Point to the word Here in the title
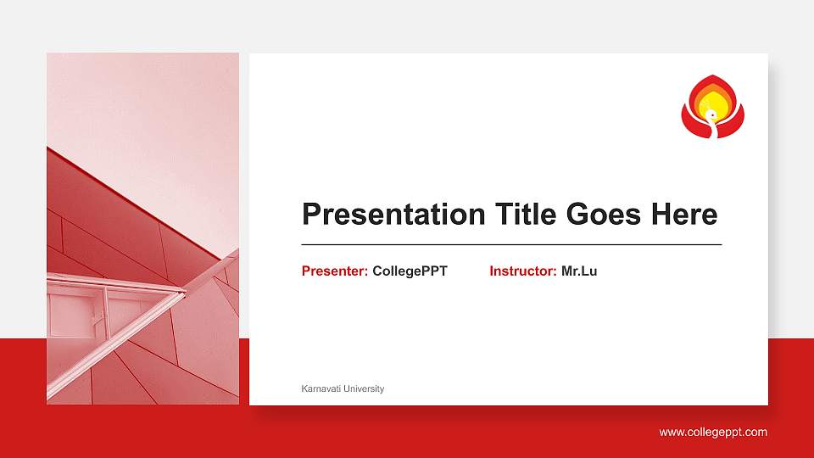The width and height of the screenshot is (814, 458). (x=683, y=215)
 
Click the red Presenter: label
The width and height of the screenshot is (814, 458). (x=335, y=271)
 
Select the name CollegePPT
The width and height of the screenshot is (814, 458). (x=410, y=271)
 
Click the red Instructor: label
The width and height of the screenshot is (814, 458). (x=523, y=271)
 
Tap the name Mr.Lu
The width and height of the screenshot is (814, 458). (x=579, y=271)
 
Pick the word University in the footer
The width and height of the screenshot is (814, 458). (x=364, y=388)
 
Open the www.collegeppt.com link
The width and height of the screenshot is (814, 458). (x=713, y=433)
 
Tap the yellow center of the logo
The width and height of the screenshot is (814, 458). (x=716, y=103)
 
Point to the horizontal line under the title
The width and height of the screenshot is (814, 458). (x=511, y=244)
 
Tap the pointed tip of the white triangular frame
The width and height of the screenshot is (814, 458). (x=184, y=292)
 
